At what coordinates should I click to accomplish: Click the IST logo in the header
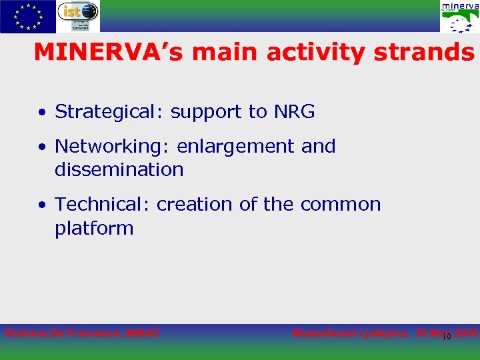coord(77,16)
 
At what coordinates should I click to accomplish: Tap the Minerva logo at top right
coord(459,17)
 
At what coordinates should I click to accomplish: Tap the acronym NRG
coord(293,111)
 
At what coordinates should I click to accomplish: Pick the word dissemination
coord(119,169)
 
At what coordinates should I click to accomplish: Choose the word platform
coord(94,228)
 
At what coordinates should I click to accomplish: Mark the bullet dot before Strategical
coord(42,113)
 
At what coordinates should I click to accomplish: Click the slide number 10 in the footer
coord(447,336)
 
